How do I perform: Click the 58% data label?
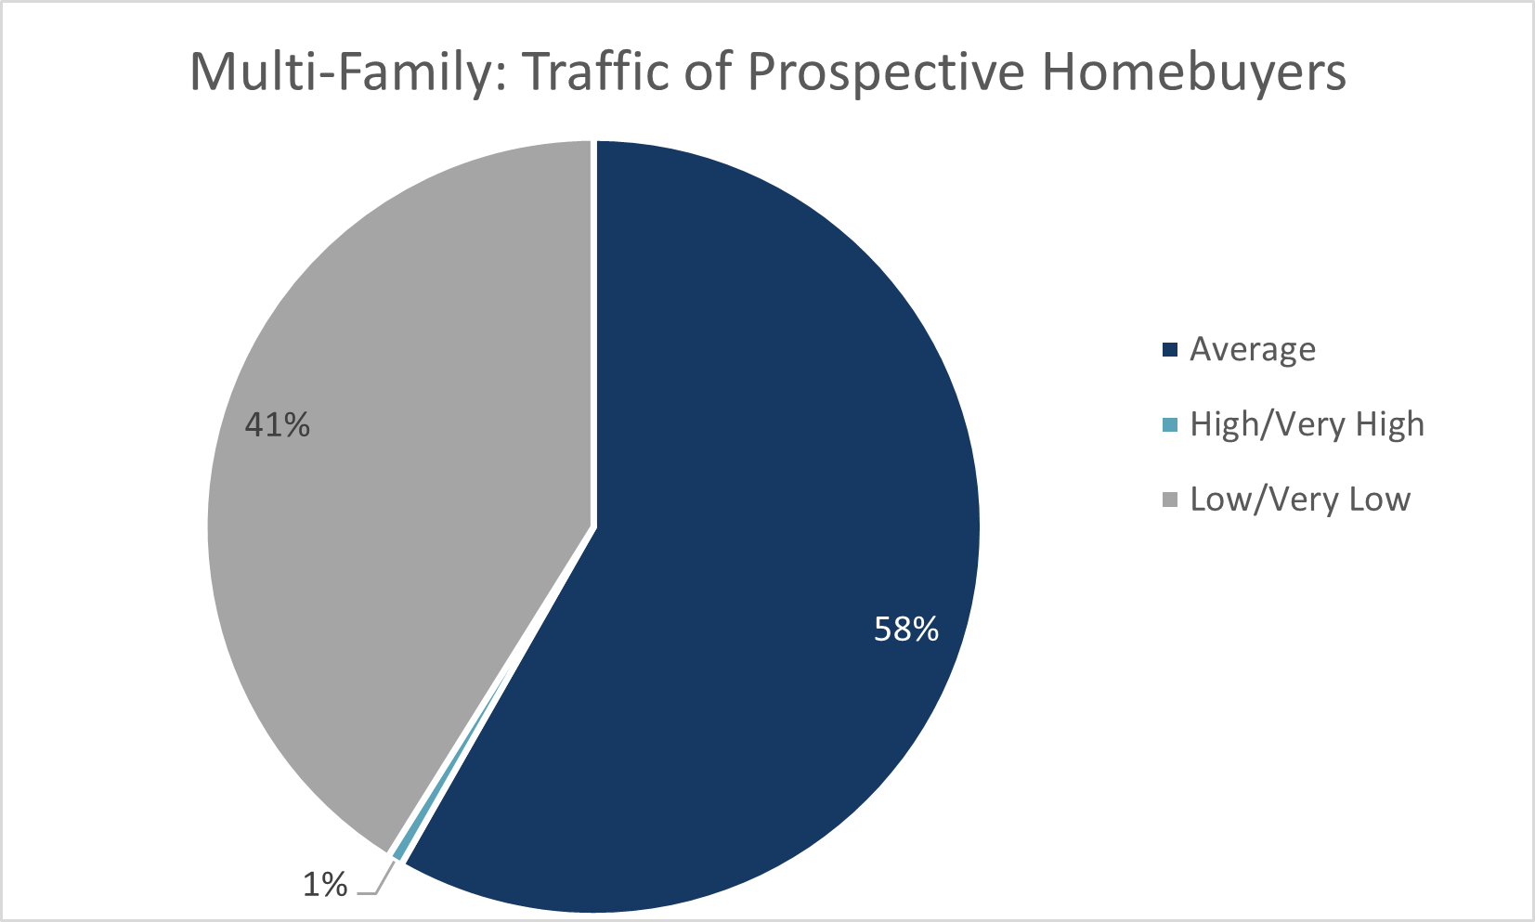click(906, 630)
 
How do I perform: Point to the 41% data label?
click(277, 425)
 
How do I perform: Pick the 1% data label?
click(325, 885)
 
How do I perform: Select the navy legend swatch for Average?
click(1170, 350)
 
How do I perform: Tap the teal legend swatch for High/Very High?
click(1170, 425)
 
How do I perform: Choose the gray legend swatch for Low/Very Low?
click(1170, 500)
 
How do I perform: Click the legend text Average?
click(1253, 350)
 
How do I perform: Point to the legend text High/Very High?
click(1307, 425)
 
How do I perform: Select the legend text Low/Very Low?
click(1300, 500)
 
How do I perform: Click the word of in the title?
click(708, 72)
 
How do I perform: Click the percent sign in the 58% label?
click(925, 630)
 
